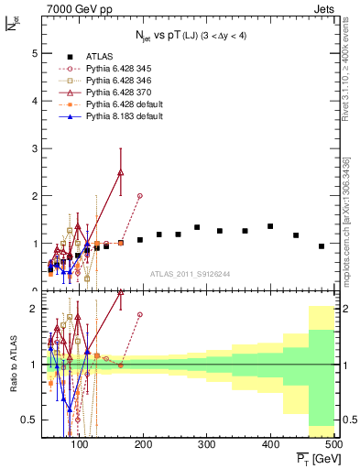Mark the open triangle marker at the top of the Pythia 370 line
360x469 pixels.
point(121,171)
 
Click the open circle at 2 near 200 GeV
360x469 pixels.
point(139,196)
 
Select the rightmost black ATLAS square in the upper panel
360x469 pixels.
point(322,246)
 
